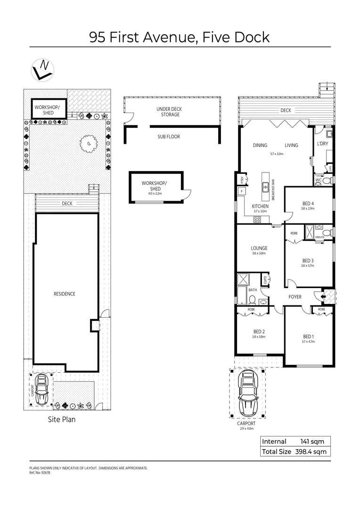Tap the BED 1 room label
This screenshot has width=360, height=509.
308,336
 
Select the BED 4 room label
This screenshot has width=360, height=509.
308,204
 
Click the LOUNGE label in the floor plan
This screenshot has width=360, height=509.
259,248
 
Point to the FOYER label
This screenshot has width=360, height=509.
295,296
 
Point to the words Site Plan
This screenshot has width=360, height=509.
62,419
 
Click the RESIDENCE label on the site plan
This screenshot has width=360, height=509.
64,294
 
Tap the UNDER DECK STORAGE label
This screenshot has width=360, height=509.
169,112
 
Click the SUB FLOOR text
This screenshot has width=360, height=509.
169,137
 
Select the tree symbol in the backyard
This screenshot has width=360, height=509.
87,143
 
